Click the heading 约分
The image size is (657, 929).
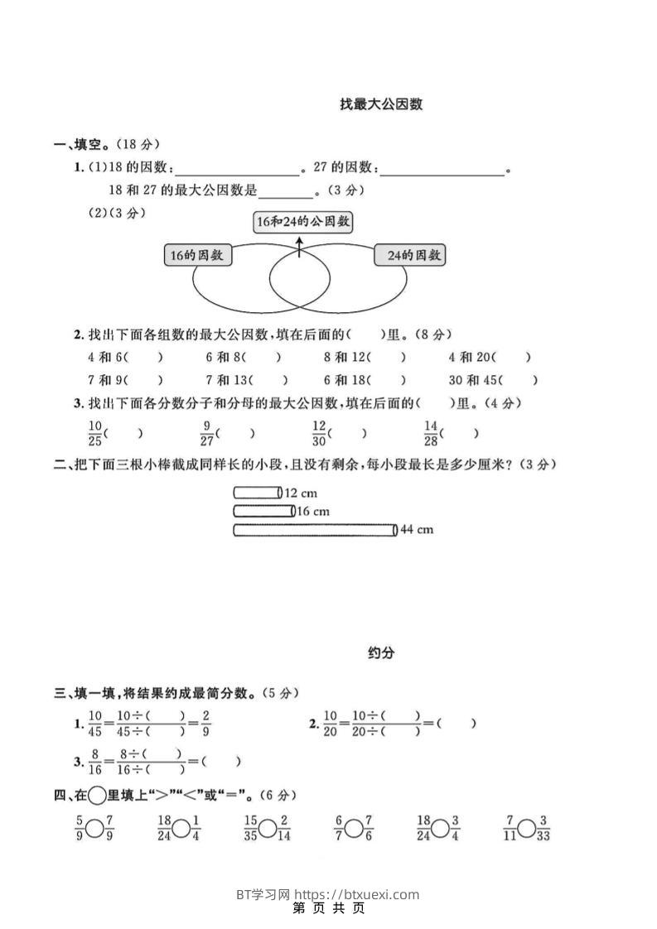pos(381,652)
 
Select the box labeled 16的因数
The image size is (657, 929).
pos(197,256)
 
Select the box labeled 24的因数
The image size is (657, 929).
pos(410,256)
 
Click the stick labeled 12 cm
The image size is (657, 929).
pos(258,493)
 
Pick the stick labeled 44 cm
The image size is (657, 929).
pos(315,530)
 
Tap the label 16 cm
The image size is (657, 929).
pos(313,512)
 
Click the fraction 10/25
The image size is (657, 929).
pos(94,432)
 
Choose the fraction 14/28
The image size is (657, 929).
pos(430,432)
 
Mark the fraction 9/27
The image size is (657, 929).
pos(207,432)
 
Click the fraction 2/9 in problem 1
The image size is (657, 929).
pos(205,723)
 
